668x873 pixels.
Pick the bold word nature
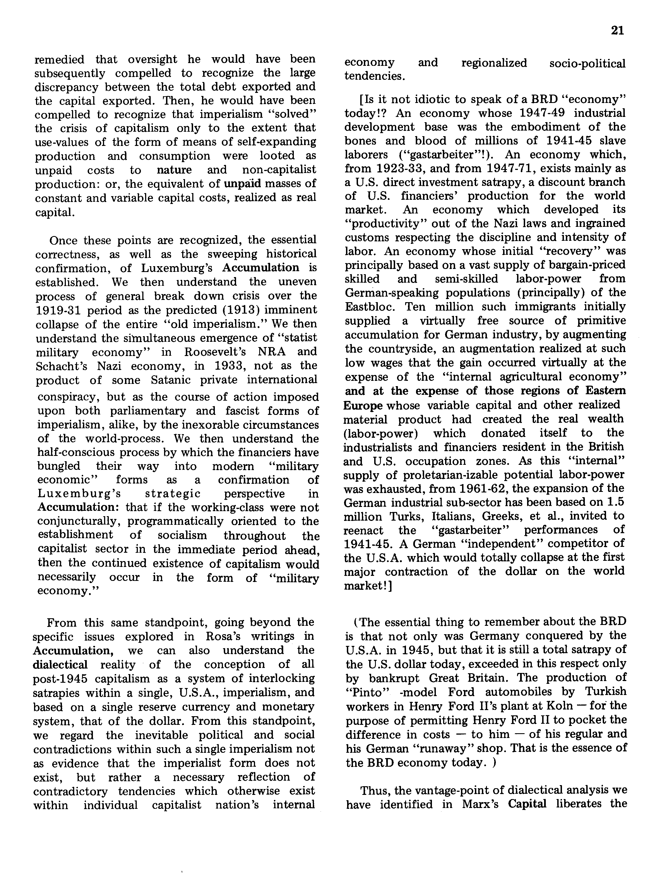tap(174, 170)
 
